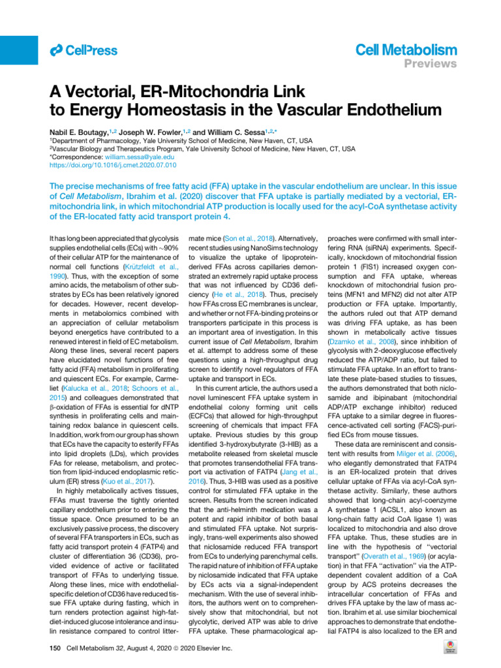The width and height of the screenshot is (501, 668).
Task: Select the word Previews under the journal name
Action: pyautogui.click(x=431, y=63)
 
